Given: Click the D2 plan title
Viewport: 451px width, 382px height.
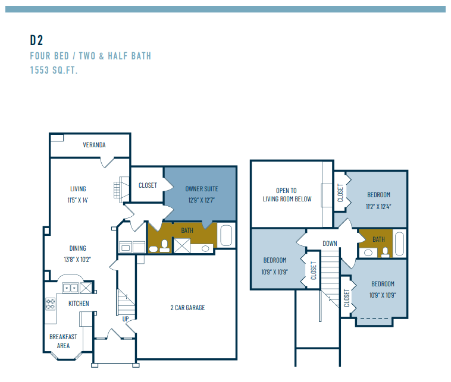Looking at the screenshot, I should [x=37, y=40].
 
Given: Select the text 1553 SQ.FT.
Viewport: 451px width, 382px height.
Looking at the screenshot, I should [x=54, y=70].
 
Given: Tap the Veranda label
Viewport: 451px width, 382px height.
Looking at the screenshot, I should [x=94, y=145].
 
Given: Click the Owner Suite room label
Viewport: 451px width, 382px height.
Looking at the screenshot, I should [x=202, y=189].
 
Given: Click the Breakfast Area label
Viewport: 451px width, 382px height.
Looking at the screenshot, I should [x=63, y=341].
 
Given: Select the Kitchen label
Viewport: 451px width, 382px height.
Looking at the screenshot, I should [x=79, y=304].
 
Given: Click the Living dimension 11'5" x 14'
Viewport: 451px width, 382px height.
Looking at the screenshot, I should [x=77, y=200].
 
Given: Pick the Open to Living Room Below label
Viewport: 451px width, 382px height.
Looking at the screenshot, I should [x=287, y=195].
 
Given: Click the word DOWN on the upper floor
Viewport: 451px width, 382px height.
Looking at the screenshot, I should [x=330, y=244].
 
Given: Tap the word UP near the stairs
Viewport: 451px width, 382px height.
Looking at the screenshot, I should [x=126, y=319].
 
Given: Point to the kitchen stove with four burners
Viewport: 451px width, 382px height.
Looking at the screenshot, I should [x=51, y=304].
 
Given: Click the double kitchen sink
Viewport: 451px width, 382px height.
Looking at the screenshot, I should [x=71, y=288].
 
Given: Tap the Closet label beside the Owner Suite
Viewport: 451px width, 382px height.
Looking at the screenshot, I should [x=148, y=185].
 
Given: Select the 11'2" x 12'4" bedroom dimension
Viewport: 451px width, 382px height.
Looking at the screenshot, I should [x=378, y=206].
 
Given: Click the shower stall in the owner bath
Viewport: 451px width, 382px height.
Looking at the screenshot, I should [x=181, y=245].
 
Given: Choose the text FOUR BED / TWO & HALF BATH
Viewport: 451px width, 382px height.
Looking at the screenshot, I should [x=90, y=56].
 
